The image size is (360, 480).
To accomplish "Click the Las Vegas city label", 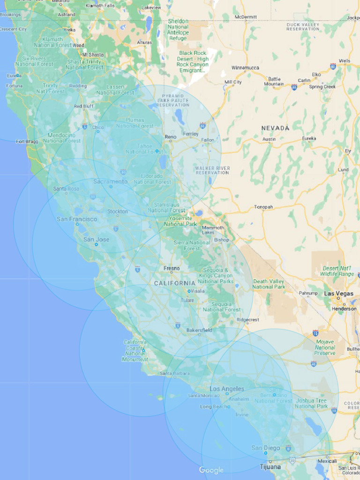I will (x=338, y=293).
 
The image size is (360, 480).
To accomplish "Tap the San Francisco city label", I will (x=77, y=219).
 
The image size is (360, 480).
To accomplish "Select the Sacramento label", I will (x=110, y=181).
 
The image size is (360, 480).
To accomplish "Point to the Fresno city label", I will (x=172, y=268).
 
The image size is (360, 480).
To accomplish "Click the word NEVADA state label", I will (x=275, y=128).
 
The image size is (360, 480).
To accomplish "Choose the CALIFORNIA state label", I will (x=175, y=283).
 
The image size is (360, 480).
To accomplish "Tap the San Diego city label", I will (x=266, y=448).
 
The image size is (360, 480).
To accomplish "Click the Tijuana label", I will (x=270, y=467).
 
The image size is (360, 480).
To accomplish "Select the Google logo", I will (x=211, y=470).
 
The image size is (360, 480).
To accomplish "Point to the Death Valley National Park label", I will (x=269, y=284).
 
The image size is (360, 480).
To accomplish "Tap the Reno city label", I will (x=170, y=137).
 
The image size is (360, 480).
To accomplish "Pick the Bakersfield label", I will (x=199, y=330).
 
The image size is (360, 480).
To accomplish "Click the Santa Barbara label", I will (x=174, y=374).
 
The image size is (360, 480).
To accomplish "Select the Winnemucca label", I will (x=245, y=68).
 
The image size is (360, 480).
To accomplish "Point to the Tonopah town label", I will (x=263, y=207).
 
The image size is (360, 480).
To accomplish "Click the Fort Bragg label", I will (x=27, y=141).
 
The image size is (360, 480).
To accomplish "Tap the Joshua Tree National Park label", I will (x=311, y=404).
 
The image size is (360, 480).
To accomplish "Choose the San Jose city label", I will (x=96, y=240).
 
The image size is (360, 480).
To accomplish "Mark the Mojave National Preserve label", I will (x=325, y=347).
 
